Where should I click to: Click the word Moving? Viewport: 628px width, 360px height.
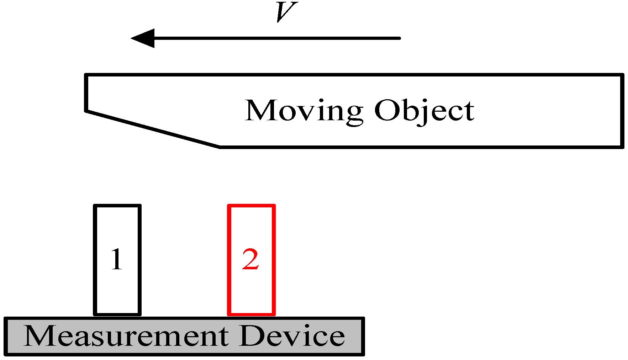[x=304, y=111]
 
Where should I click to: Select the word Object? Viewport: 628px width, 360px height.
[x=424, y=111]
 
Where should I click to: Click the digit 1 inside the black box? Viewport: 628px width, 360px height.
[x=117, y=260]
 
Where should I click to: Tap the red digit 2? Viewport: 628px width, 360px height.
[x=250, y=260]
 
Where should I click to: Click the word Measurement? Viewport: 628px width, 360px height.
[x=126, y=336]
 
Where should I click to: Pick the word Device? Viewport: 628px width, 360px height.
[x=292, y=336]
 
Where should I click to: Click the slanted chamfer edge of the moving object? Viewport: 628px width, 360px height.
[x=153, y=129]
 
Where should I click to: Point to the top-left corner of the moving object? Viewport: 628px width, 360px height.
[x=86, y=75]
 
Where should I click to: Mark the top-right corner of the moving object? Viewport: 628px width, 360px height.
[x=622, y=75]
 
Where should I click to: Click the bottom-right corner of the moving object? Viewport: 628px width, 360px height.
[x=622, y=146]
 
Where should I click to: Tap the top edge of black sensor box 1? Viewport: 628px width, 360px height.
[x=117, y=206]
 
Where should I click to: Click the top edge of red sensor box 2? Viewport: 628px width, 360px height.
[x=251, y=206]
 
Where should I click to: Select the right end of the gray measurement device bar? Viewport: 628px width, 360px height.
[x=363, y=336]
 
